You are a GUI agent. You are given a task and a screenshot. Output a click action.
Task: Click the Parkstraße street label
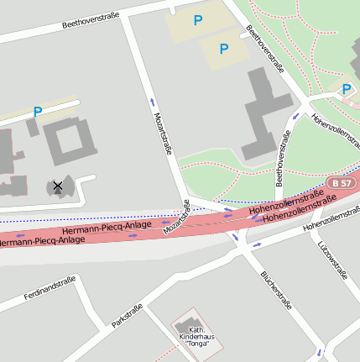coord(128,315)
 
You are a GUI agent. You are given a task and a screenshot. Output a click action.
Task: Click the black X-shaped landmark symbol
coord(58,186)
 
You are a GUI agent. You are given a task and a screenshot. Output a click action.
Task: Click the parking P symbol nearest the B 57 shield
coord(347,89)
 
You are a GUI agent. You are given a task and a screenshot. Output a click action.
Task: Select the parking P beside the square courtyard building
coord(37,112)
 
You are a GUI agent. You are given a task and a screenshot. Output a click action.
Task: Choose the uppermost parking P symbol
coord(198,20)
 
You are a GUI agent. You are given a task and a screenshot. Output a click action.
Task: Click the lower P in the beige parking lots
coord(223,49)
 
